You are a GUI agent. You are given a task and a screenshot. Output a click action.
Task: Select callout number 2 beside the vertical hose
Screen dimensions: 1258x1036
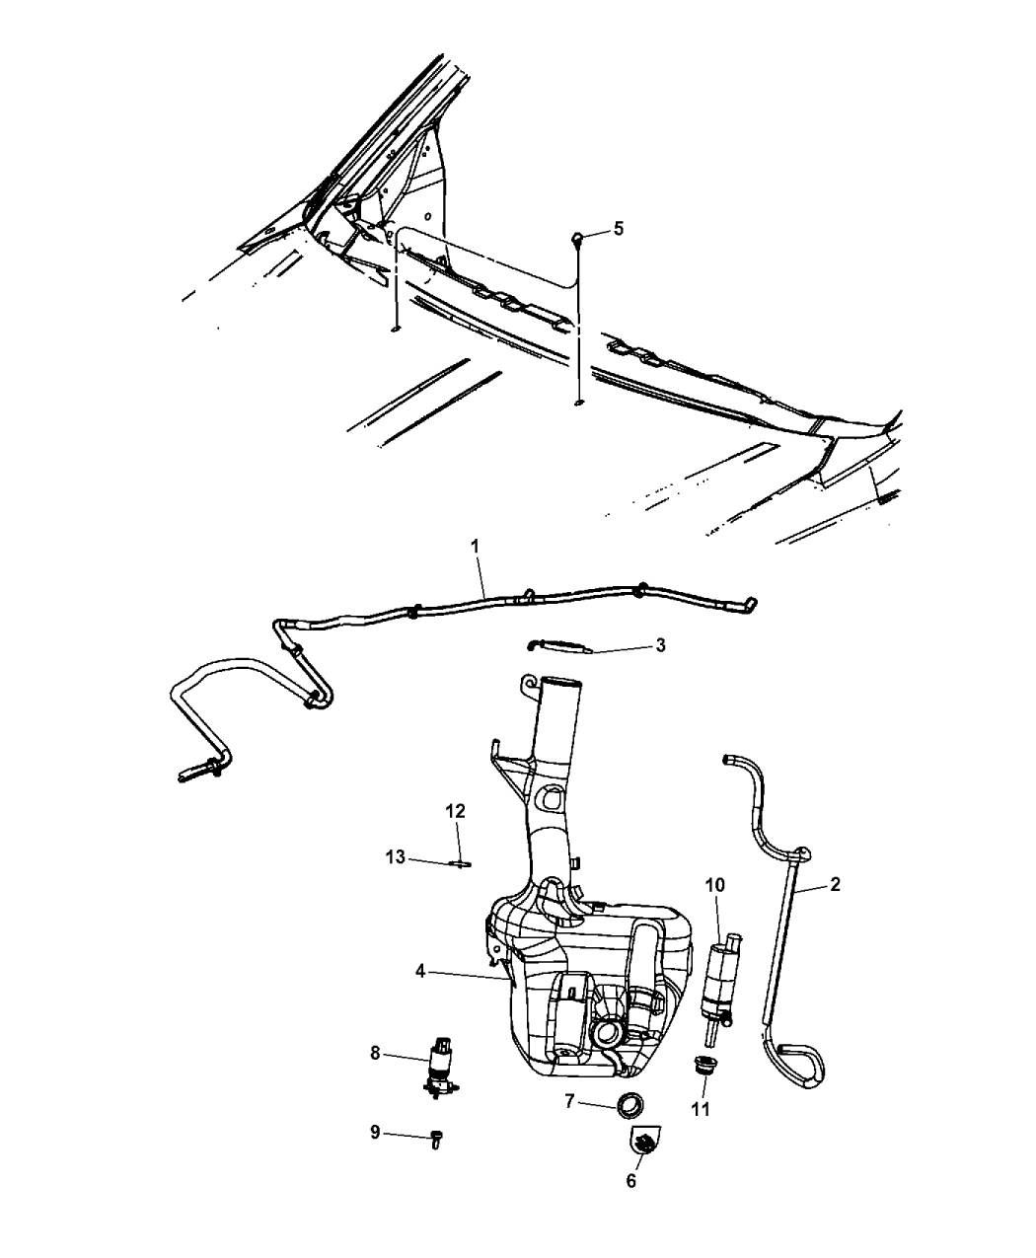click(835, 884)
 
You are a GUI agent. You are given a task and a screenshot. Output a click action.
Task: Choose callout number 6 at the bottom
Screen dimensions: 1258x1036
click(631, 1181)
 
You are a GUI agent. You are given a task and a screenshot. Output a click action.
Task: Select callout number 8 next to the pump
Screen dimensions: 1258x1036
click(375, 1053)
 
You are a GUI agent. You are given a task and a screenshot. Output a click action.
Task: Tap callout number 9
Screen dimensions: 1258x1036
click(375, 1133)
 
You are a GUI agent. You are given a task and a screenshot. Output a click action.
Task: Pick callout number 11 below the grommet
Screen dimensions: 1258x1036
click(701, 1108)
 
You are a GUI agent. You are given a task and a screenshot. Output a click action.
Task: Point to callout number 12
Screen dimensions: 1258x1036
click(455, 811)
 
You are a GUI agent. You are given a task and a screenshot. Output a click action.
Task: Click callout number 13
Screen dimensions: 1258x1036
click(396, 858)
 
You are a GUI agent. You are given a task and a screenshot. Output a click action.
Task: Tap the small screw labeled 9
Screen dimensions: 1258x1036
click(437, 1138)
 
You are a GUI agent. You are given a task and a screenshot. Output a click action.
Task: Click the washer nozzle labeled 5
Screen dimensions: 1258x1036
click(580, 237)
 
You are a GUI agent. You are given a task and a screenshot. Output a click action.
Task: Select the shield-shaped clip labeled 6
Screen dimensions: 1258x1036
click(643, 1142)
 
